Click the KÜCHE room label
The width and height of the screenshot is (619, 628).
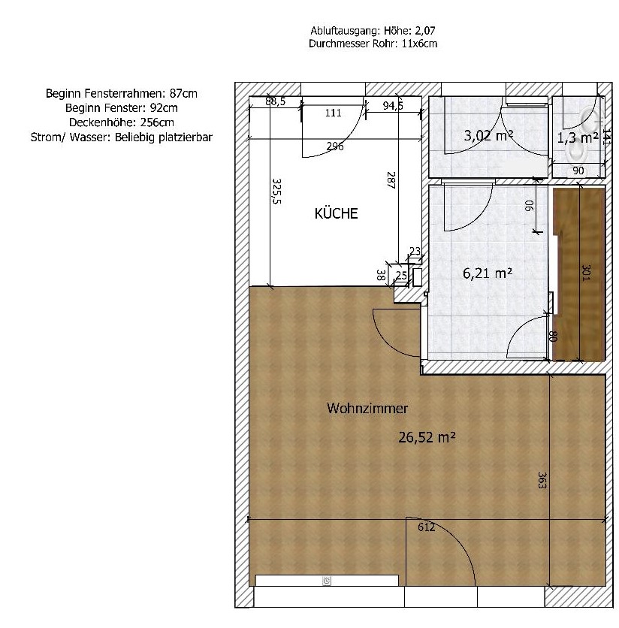pyautogui.click(x=336, y=213)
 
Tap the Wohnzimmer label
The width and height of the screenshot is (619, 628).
pyautogui.click(x=367, y=408)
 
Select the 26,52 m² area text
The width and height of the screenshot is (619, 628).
pyautogui.click(x=427, y=437)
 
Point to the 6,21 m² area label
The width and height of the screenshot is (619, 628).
pyautogui.click(x=488, y=273)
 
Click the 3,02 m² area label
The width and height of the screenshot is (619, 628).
pyautogui.click(x=488, y=135)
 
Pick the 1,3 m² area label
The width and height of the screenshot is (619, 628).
pyautogui.click(x=578, y=137)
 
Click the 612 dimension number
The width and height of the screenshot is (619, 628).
pyautogui.click(x=426, y=527)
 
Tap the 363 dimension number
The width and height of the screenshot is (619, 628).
pyautogui.click(x=542, y=480)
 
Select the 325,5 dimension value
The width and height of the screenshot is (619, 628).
pyautogui.click(x=276, y=191)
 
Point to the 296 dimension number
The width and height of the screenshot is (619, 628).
pyautogui.click(x=335, y=146)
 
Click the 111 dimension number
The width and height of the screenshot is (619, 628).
pyautogui.click(x=333, y=113)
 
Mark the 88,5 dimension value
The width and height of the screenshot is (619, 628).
pyautogui.click(x=275, y=101)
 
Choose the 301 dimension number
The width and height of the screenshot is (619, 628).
pyautogui.click(x=586, y=273)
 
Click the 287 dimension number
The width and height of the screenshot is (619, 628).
pyautogui.click(x=391, y=180)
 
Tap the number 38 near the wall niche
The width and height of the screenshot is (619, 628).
pyautogui.click(x=381, y=275)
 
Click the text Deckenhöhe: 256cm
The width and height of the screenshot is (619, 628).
pyautogui.click(x=122, y=122)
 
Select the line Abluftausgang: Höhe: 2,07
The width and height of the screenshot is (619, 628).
pyautogui.click(x=373, y=31)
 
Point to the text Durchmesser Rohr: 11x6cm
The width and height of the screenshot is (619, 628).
pyautogui.click(x=373, y=44)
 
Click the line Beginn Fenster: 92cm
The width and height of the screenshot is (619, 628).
pyautogui.click(x=122, y=107)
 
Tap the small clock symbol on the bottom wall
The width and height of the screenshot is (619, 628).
pyautogui.click(x=327, y=581)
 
